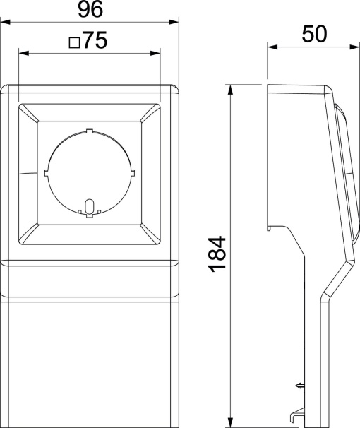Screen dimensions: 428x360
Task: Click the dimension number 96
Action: (90, 10)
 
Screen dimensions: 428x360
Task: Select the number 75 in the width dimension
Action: (92, 42)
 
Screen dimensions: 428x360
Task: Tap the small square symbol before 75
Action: (73, 43)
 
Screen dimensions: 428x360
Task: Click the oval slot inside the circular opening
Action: (88, 206)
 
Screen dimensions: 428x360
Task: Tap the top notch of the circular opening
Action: (88, 130)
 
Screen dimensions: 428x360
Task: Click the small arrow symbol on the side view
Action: (299, 385)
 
